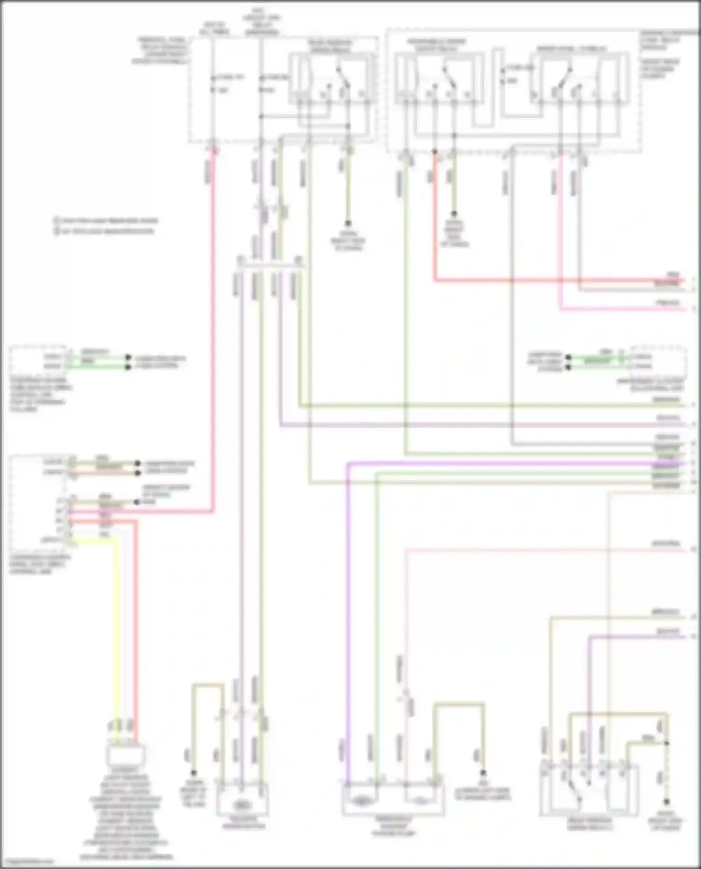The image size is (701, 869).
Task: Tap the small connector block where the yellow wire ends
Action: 125,754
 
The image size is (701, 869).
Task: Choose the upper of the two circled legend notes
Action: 105,220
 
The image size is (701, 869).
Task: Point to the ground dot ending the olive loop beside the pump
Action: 483,773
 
